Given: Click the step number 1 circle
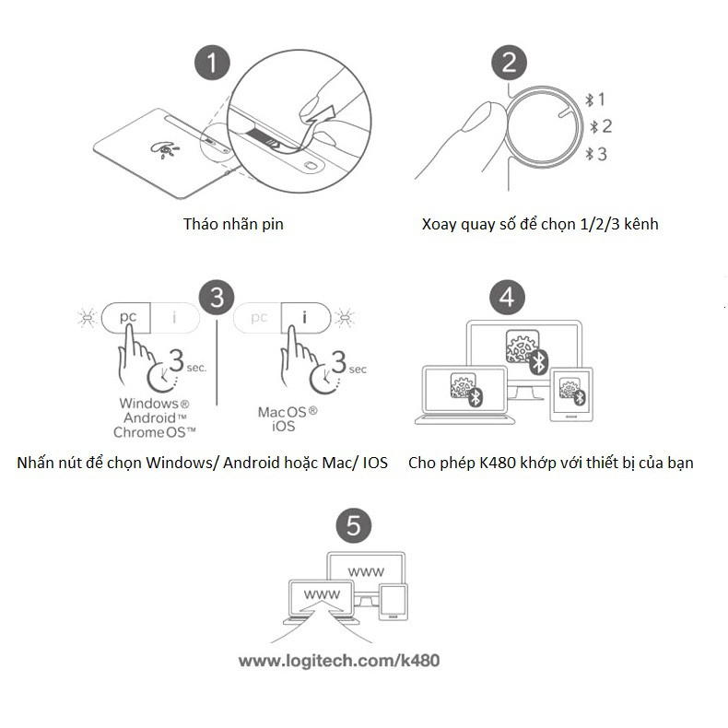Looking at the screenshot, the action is click(x=214, y=64).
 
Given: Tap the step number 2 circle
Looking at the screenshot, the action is click(x=509, y=64).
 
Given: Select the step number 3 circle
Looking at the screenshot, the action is click(x=217, y=298).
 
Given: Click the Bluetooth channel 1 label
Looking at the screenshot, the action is click(x=596, y=99).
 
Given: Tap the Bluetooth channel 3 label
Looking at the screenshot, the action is click(x=596, y=154).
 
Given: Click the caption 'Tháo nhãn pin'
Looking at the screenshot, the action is click(x=233, y=224).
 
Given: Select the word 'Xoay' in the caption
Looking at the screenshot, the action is click(x=439, y=224).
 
